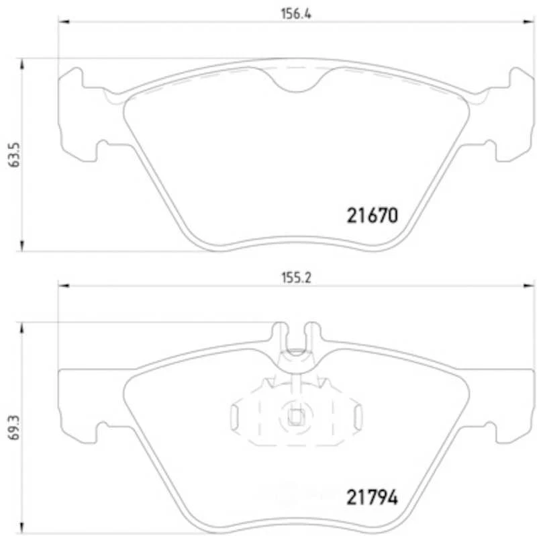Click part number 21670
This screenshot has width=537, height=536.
click(373, 216)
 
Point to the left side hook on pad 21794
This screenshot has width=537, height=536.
click(104, 431)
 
